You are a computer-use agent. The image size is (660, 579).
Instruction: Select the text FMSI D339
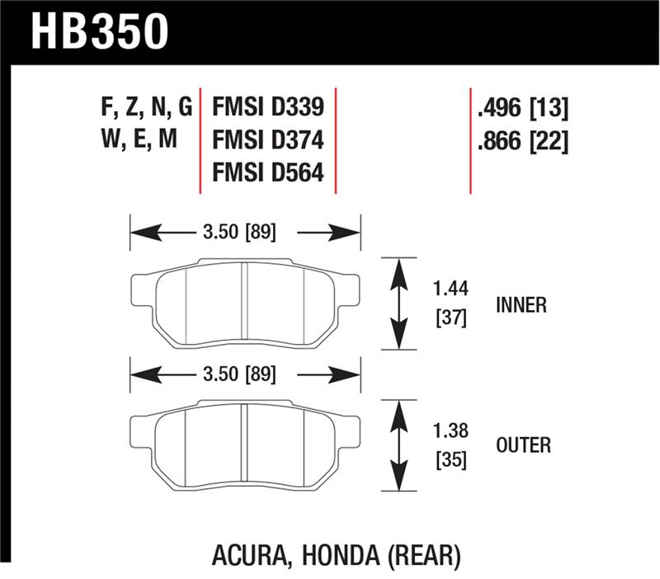(267, 107)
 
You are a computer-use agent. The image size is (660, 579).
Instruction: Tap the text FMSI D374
(267, 140)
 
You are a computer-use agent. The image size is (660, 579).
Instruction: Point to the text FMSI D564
(267, 173)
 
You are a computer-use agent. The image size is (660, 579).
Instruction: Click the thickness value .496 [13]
(523, 107)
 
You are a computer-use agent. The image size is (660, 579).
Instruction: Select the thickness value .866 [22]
(523, 141)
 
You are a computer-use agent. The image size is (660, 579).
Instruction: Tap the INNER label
(521, 304)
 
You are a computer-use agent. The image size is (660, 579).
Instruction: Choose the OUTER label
(523, 445)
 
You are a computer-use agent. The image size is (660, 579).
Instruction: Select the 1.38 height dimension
(450, 430)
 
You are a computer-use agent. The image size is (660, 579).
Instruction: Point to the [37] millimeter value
(450, 318)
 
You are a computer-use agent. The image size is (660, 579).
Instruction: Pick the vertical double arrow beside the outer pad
(398, 446)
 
